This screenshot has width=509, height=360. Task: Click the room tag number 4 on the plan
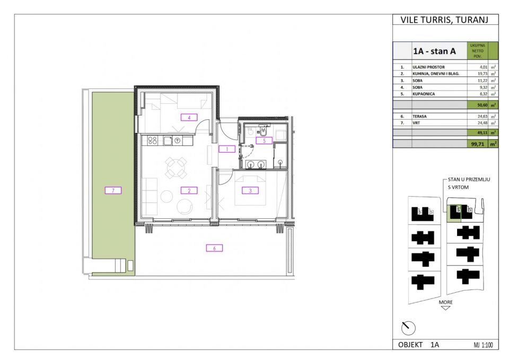coord(189,117)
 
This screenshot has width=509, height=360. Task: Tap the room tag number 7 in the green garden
coord(113,190)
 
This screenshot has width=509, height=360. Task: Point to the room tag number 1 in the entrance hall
coord(226,150)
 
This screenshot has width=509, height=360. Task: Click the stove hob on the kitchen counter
coord(152,141)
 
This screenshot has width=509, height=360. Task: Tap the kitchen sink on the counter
coord(168,141)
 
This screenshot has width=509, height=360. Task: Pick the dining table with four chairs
coord(175,169)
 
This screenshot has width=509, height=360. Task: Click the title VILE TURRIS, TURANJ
coord(445,20)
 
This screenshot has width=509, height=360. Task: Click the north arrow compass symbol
coord(408,328)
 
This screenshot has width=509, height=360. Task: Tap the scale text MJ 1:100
coord(482,345)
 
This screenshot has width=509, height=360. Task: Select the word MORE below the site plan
coord(445,302)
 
